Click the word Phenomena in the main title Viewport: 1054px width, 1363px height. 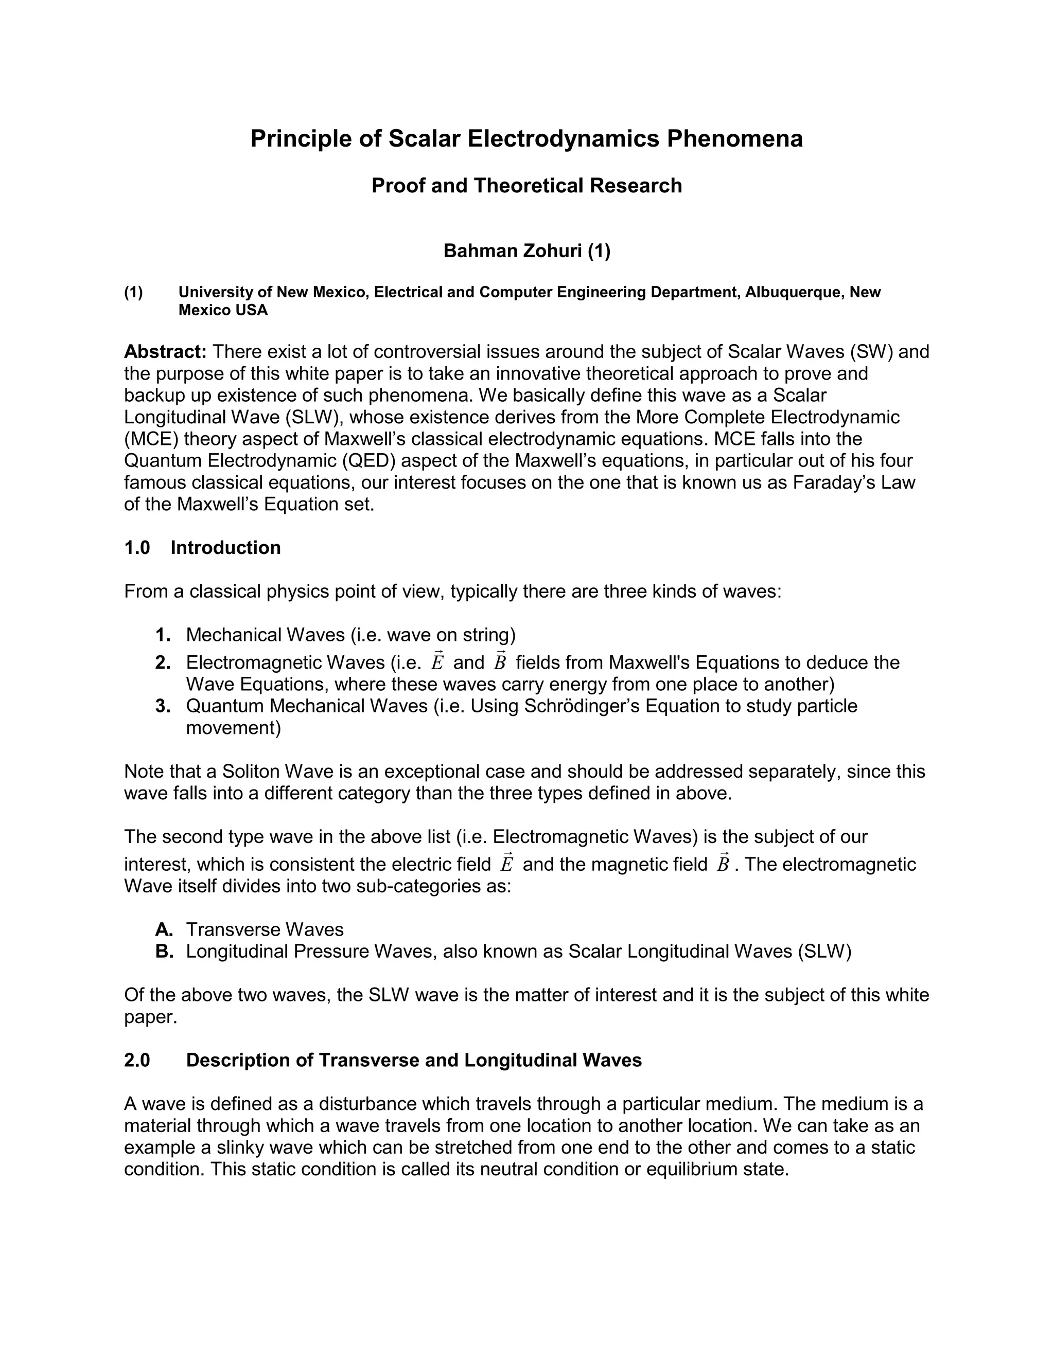coord(734,138)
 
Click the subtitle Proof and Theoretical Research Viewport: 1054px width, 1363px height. coord(526,185)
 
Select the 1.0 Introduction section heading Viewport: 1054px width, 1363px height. coord(202,547)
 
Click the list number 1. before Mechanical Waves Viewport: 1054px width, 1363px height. coord(163,635)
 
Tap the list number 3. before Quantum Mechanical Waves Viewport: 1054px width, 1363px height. coord(163,706)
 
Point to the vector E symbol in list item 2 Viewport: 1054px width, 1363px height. coord(437,661)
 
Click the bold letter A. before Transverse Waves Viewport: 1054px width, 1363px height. coord(164,929)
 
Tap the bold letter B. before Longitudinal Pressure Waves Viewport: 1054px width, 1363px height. coord(164,951)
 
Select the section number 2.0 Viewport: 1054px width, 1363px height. coord(137,1061)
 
